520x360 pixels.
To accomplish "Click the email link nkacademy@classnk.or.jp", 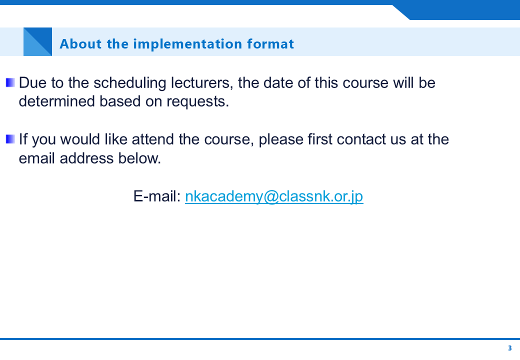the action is (x=274, y=196).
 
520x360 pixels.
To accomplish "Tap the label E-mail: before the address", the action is (x=157, y=196).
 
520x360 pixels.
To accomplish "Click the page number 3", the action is (x=509, y=348).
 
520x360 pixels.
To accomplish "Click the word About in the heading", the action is (x=80, y=44).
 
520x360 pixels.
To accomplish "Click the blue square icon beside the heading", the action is (x=38, y=42).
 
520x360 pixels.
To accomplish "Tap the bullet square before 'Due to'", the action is (x=10, y=82).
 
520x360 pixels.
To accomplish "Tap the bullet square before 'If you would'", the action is (x=10, y=139).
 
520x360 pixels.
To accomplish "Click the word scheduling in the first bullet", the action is (x=129, y=83).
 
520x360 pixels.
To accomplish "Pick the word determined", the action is (x=56, y=101).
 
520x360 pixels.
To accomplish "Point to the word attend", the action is (x=153, y=139).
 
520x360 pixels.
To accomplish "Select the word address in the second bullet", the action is (x=86, y=158).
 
